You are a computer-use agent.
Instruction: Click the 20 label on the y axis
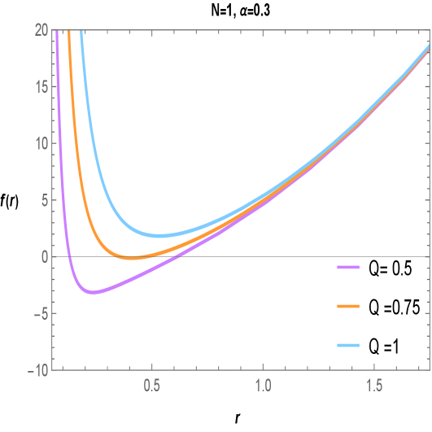(39, 30)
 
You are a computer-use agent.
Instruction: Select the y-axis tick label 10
(39, 143)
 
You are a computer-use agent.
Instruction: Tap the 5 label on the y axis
(43, 200)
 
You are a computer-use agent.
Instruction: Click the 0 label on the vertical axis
(43, 256)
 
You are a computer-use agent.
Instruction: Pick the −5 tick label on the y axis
(39, 313)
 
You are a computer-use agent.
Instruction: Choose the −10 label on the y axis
(36, 370)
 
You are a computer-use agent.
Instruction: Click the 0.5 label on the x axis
(151, 383)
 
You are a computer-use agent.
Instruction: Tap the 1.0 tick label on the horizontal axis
(263, 383)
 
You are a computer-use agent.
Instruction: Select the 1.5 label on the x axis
(374, 383)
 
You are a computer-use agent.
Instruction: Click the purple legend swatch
(348, 267)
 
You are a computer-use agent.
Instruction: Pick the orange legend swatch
(348, 307)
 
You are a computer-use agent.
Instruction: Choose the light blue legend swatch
(348, 346)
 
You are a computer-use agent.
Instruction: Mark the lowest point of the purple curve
(94, 292)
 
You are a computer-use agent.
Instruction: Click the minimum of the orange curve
(133, 258)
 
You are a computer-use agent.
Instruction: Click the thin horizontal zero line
(244, 256)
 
